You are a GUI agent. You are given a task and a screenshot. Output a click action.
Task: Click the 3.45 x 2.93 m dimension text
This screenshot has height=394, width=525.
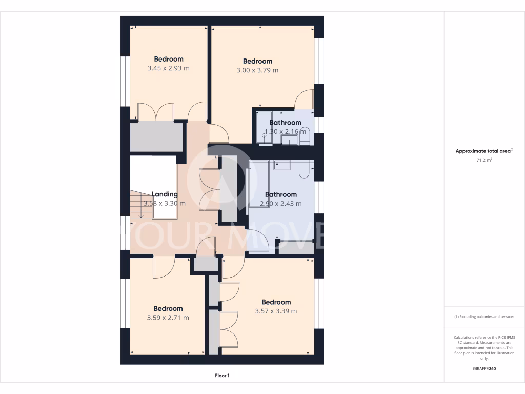point(168,68)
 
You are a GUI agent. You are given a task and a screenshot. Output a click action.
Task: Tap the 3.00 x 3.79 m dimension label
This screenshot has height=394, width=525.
point(257,70)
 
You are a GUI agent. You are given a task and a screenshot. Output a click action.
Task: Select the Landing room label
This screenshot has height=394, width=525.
point(165,194)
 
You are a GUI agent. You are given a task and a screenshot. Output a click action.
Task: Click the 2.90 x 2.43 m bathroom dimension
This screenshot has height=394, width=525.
point(280,204)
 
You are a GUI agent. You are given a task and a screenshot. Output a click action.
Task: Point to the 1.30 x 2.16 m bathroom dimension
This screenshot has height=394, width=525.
point(286,132)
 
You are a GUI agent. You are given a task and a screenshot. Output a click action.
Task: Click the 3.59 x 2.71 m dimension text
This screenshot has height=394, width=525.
point(168,318)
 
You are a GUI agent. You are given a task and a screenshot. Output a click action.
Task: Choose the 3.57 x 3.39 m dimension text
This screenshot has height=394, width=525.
point(276,311)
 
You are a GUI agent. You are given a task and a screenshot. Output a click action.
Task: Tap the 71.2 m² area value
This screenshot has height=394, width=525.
point(484,160)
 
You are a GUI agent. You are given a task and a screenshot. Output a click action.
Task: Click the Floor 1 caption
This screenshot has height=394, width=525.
point(222,376)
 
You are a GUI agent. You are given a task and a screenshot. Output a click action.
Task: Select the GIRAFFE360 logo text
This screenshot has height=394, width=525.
point(484,369)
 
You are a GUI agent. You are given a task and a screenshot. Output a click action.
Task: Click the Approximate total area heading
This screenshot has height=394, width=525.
point(483,151)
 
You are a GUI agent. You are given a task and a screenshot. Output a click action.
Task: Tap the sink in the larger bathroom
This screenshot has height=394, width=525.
point(282,165)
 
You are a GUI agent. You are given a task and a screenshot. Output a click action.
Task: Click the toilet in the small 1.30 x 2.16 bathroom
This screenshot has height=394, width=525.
point(305,135)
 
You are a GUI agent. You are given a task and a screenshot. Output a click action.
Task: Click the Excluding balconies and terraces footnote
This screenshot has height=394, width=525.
point(484,317)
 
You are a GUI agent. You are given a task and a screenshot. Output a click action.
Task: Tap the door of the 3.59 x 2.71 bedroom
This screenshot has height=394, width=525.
point(164,267)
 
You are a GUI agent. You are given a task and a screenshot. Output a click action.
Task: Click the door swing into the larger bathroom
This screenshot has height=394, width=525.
point(257,240)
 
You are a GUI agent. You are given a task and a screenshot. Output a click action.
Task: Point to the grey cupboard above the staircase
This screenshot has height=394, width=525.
point(156,137)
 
